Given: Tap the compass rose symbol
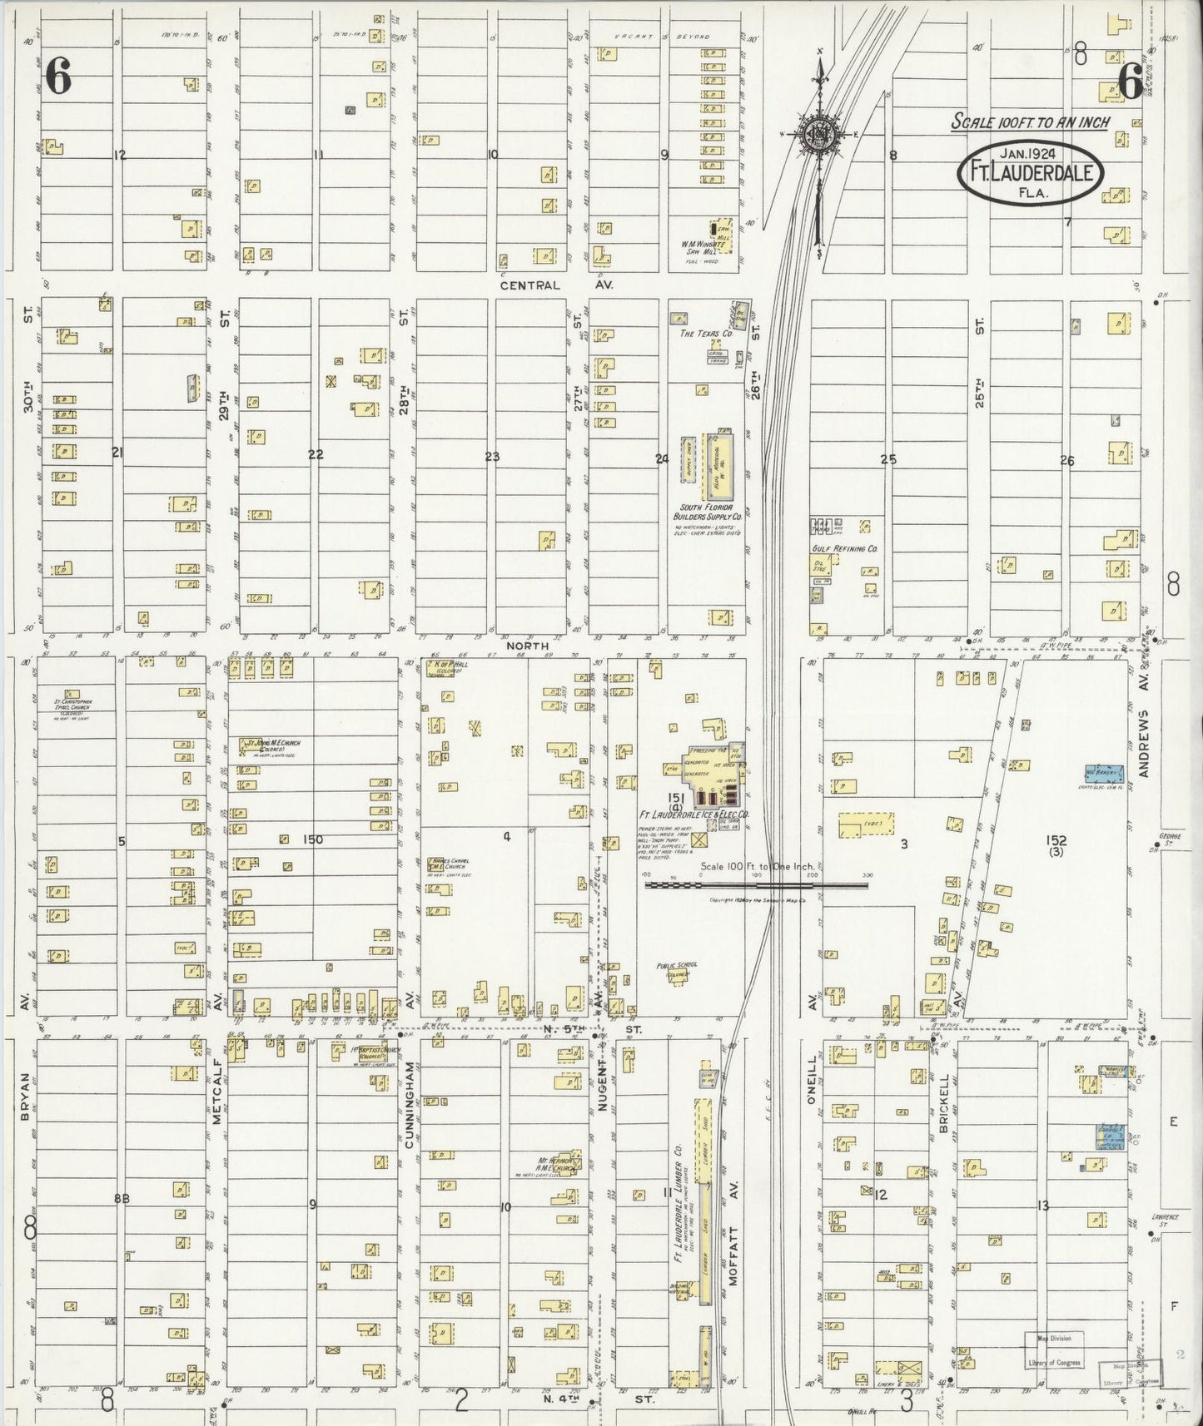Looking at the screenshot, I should [x=820, y=135].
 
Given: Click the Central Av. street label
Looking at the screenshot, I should [x=533, y=285].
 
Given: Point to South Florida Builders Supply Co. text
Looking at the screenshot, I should [x=703, y=512].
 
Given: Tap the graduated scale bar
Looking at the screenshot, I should [x=756, y=885].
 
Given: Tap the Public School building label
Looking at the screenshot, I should [x=677, y=968].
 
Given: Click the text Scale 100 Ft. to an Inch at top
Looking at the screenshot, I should [x=1031, y=122].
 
